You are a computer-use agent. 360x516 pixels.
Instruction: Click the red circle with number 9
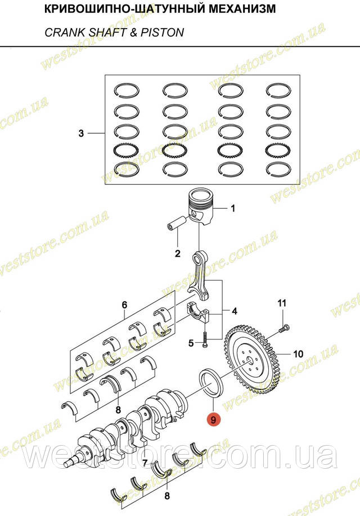tap(214, 420)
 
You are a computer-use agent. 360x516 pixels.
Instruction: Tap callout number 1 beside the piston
tap(233, 208)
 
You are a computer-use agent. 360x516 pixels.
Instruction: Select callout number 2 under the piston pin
tap(178, 253)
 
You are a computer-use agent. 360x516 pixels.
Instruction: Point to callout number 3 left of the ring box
tap(81, 133)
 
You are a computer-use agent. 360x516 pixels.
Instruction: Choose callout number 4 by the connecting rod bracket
tap(235, 311)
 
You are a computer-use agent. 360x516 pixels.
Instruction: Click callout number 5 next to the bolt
tap(191, 343)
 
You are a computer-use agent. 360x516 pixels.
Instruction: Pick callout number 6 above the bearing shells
tap(124, 305)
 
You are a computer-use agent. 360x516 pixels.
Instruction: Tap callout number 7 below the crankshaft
tap(145, 463)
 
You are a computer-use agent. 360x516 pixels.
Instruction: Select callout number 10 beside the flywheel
tap(298, 354)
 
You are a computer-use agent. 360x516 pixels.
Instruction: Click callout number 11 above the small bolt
tap(282, 303)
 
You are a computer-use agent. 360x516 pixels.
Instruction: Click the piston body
tap(201, 207)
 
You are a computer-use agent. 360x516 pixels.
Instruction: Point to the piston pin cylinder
tap(177, 223)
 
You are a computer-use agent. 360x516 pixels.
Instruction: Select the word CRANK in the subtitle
tap(60, 33)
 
